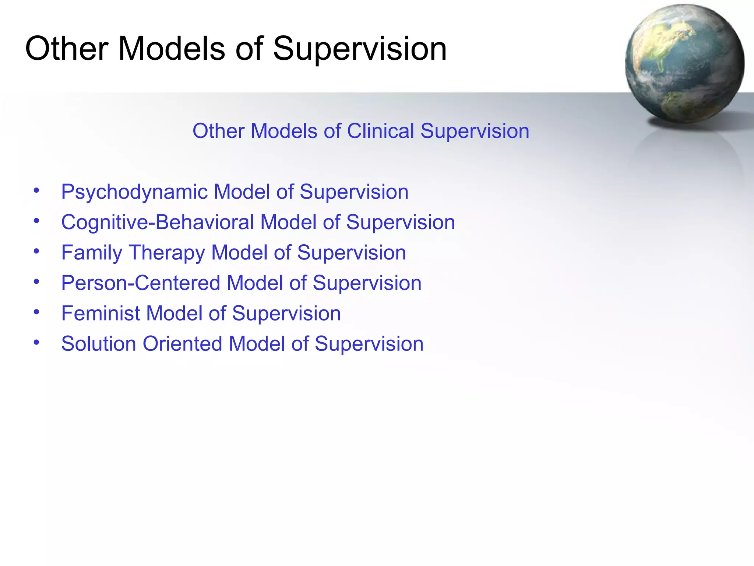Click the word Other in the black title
coord(66,49)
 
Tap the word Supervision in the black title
coord(360,49)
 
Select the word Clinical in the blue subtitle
coord(381,131)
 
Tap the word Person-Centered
coord(141,283)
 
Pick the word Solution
coord(99,344)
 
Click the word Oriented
coord(182,344)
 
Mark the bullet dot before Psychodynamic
coord(36,191)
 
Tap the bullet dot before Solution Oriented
coord(36,343)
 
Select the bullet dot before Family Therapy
coord(36,252)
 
